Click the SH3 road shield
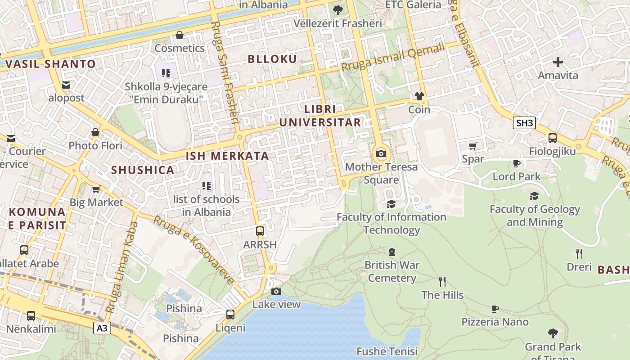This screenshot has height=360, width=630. pos(524,123)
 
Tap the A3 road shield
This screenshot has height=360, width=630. pos(102,328)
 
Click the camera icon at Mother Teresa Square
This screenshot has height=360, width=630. pos(381,153)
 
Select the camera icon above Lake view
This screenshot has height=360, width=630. pos(276,291)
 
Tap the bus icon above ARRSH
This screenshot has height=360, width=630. pos(260,231)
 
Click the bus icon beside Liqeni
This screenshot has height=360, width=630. pos(230,314)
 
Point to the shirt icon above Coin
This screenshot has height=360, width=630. pos(419,96)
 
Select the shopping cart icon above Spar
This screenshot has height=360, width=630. pos(472,146)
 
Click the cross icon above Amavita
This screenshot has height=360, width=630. pos(558,62)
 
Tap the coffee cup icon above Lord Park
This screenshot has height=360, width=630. pos(516,163)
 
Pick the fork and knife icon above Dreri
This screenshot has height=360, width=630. pos(579,254)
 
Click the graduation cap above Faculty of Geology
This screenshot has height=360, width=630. pos(534,196)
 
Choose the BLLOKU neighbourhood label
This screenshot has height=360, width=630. pos(272,59)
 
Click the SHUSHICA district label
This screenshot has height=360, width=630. pos(143,170)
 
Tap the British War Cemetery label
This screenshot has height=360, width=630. pos(391,271)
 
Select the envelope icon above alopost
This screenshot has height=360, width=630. pos(66,85)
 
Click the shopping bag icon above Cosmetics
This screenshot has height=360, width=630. pos(180,35)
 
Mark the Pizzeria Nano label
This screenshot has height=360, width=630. pos(495,322)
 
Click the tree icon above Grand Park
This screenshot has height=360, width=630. pos(553,333)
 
